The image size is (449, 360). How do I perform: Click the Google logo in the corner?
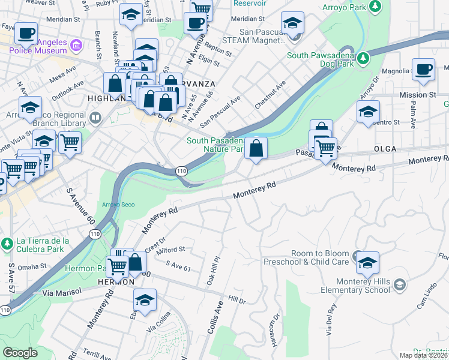[x=20, y=353]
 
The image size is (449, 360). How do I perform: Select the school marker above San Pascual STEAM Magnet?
[x=292, y=25]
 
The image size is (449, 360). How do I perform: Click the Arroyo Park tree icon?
[x=376, y=5]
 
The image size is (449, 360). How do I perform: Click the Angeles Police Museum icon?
[x=76, y=46]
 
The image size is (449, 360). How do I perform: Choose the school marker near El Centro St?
[x=368, y=112]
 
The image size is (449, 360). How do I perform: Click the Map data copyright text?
[x=423, y=355]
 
